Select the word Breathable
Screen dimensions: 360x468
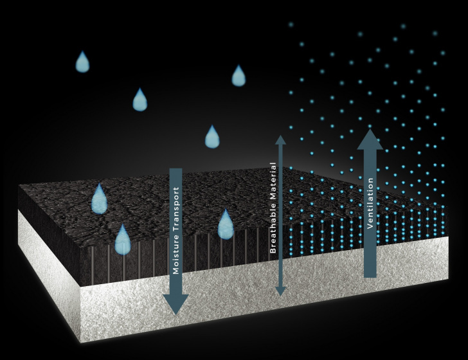point(273,228)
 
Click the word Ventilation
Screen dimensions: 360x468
point(370,204)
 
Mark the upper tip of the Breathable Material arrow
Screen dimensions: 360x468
point(280,138)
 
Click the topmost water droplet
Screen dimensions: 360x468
point(82,62)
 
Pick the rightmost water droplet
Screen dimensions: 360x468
point(239,76)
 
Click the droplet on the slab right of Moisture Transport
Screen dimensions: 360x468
point(225,224)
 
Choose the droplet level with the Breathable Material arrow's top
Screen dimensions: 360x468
point(212,137)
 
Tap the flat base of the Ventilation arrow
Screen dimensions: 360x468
point(370,276)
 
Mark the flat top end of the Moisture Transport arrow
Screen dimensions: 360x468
point(175,170)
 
